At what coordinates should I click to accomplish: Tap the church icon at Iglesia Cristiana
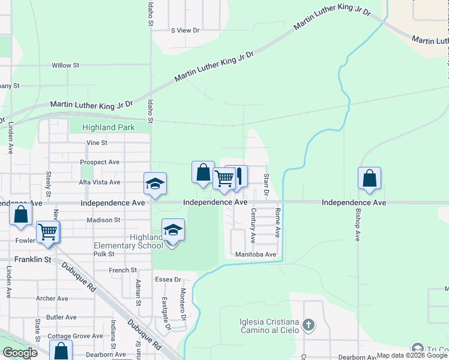(309, 325)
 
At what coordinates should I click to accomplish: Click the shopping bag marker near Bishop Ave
(369, 178)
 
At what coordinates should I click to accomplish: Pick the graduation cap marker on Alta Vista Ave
(155, 184)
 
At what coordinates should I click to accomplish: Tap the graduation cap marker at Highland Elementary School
(172, 230)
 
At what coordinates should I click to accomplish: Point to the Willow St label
(65, 65)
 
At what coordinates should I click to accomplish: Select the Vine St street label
(97, 143)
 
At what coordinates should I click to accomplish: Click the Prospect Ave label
(100, 162)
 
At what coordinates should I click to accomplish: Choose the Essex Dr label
(167, 280)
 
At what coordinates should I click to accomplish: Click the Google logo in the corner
(20, 353)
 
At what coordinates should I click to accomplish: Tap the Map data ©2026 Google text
(412, 356)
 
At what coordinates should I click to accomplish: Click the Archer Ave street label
(52, 298)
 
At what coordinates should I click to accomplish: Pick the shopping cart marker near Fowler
(47, 232)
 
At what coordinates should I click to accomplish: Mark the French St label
(123, 270)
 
